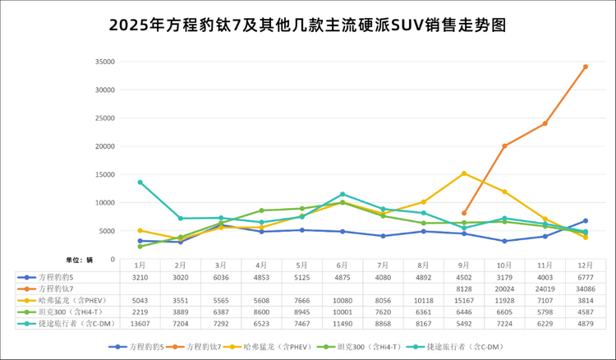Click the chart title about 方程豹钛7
click(307, 25)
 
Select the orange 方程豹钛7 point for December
click(585, 67)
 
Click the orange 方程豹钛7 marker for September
click(465, 213)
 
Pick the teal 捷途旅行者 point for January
click(140, 182)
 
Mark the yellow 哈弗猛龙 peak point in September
click(465, 173)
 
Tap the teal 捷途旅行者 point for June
click(342, 194)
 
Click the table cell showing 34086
click(585, 289)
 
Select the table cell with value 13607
click(140, 324)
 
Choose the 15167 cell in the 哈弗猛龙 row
click(465, 301)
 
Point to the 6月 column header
click(342, 265)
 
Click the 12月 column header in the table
click(585, 265)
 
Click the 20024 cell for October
click(504, 289)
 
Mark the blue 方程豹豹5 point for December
click(585, 220)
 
